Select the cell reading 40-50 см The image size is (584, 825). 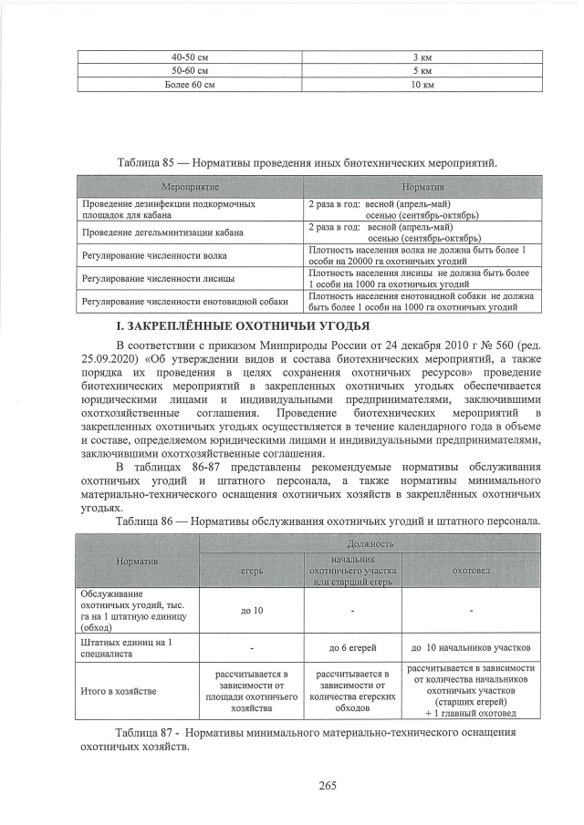[191, 57]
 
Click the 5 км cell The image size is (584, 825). [422, 70]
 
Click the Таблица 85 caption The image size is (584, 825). [307, 162]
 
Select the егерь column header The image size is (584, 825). [252, 570]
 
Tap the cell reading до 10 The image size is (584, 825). [252, 610]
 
